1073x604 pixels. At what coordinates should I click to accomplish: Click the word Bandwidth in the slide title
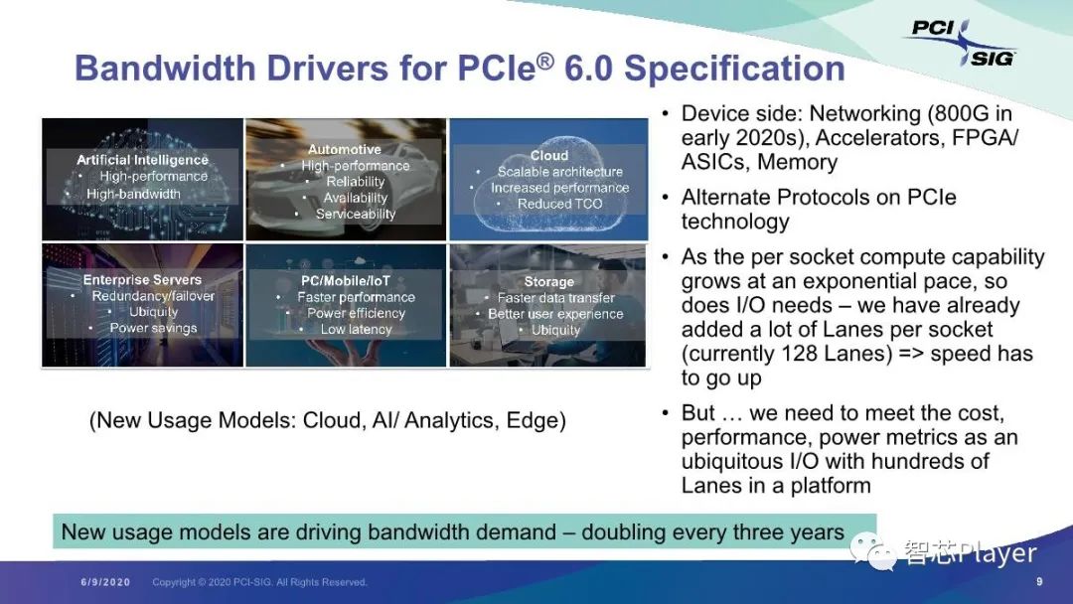[165, 69]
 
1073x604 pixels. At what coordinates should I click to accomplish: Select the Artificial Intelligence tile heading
[142, 159]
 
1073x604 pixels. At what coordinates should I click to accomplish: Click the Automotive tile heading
[344, 149]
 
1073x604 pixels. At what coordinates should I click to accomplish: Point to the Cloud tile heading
[548, 155]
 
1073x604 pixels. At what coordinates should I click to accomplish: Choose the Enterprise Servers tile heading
[142, 279]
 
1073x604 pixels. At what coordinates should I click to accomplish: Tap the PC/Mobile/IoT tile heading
[345, 280]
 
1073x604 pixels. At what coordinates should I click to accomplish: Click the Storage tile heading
[548, 281]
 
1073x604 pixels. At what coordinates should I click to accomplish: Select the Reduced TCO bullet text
[559, 204]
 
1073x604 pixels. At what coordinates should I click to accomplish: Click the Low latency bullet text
[356, 329]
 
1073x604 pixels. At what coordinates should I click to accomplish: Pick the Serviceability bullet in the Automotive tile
[355, 215]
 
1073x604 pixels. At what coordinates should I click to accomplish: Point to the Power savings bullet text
[153, 328]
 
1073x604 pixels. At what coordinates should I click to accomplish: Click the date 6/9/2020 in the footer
[105, 582]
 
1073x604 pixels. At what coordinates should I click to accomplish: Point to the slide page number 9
[1039, 581]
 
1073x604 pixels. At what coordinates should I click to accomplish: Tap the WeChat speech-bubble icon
[872, 550]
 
